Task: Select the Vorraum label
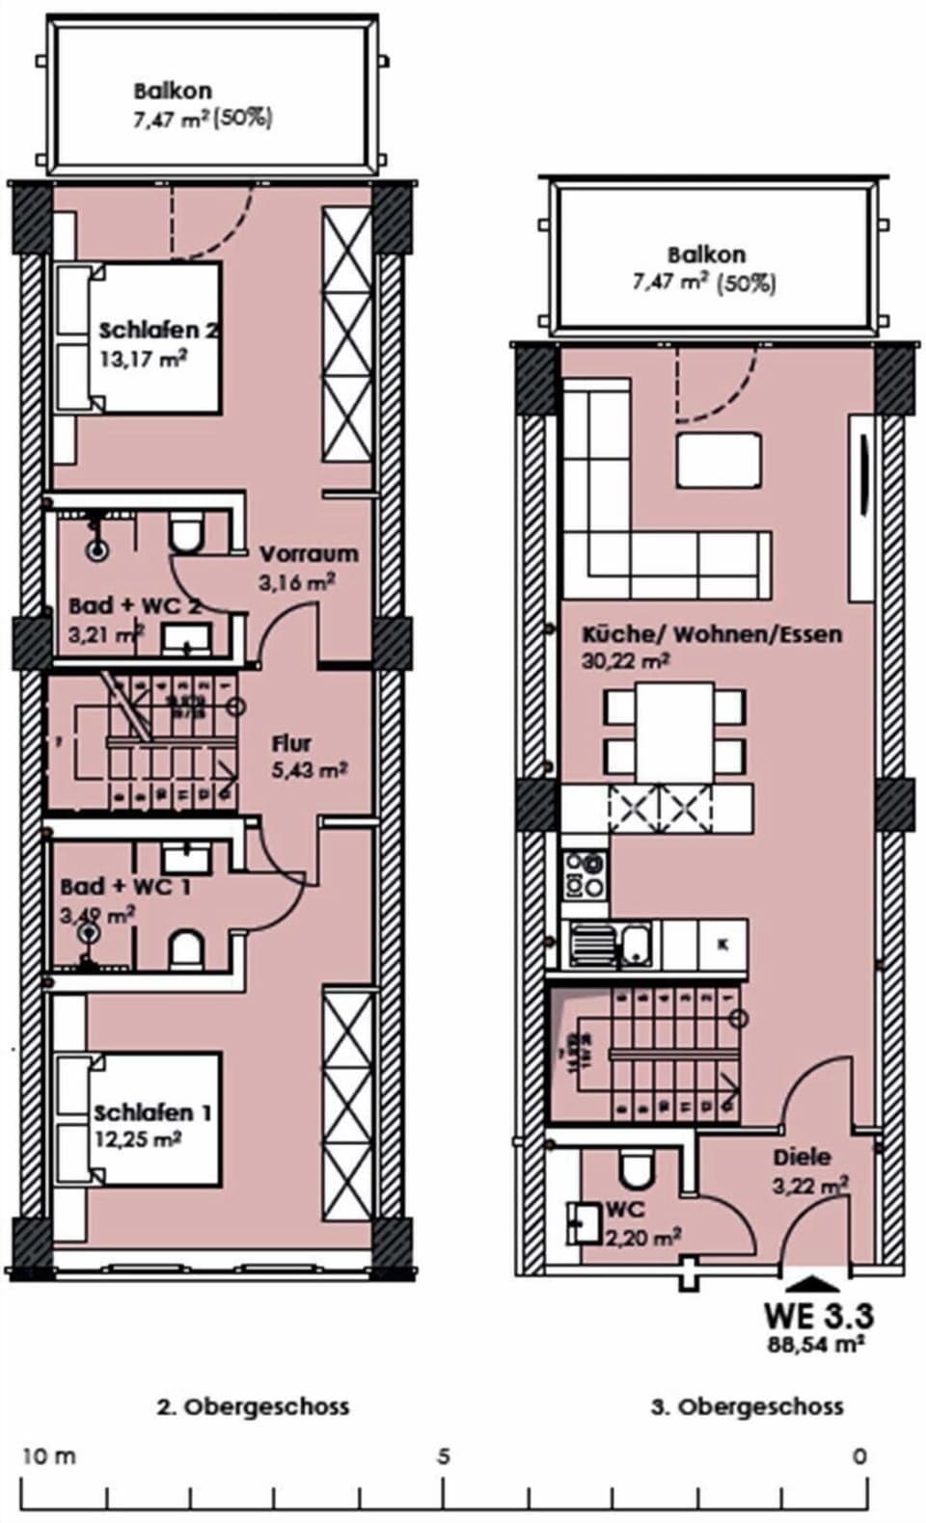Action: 308,554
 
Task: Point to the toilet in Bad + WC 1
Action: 185,949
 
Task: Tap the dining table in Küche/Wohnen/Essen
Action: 674,732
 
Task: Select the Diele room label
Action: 801,1157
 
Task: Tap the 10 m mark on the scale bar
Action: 48,1456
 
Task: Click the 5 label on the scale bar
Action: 443,1456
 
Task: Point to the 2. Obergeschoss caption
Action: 253,1406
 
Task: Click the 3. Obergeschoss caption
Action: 747,1406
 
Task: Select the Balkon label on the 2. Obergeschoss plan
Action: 173,92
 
